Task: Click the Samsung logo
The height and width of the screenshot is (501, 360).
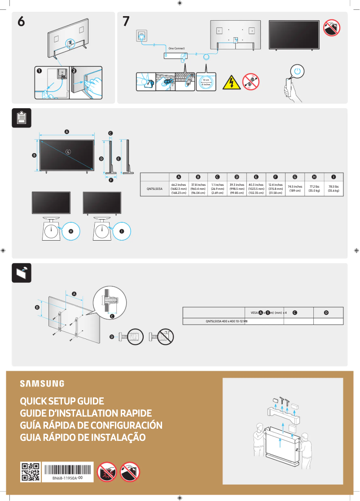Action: tap(42, 383)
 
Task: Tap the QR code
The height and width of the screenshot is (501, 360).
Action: tap(31, 472)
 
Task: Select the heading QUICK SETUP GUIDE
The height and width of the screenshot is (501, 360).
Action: tap(62, 401)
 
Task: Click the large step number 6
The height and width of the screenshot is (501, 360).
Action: tap(21, 21)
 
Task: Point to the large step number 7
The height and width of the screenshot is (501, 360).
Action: tap(127, 21)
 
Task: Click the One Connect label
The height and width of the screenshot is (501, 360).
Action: tap(176, 48)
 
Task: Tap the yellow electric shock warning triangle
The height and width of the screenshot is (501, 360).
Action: tap(232, 82)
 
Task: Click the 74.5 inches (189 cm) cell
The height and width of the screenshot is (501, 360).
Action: tap(294, 189)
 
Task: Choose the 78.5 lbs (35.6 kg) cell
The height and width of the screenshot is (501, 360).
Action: tap(334, 189)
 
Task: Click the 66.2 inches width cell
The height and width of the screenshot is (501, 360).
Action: tap(179, 189)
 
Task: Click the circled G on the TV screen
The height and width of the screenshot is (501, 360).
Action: tap(68, 151)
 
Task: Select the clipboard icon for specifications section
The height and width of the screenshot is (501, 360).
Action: tap(22, 117)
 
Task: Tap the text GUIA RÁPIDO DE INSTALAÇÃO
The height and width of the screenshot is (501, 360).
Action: tap(83, 437)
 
